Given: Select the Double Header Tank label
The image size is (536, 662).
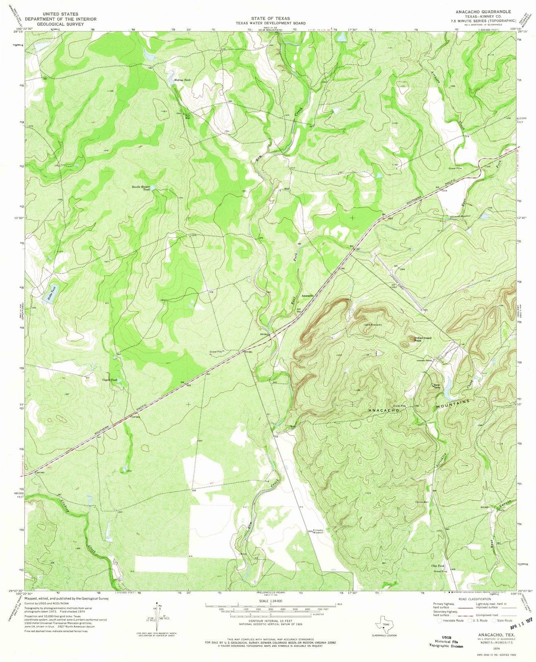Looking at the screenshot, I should pyautogui.click(x=140, y=188).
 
